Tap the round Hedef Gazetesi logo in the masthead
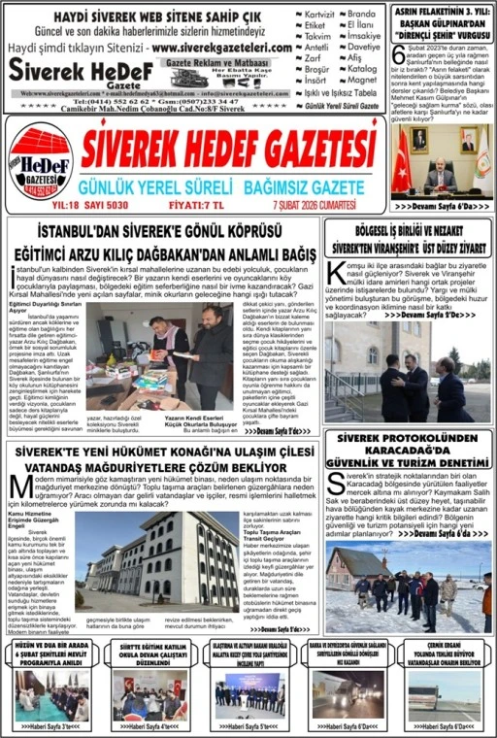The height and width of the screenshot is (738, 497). [x=40, y=161]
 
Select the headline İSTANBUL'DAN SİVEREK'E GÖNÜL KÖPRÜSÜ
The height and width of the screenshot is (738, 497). [x=160, y=231]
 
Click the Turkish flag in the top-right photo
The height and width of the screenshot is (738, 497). [x=401, y=159]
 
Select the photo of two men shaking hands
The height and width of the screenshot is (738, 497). [x=408, y=379]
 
